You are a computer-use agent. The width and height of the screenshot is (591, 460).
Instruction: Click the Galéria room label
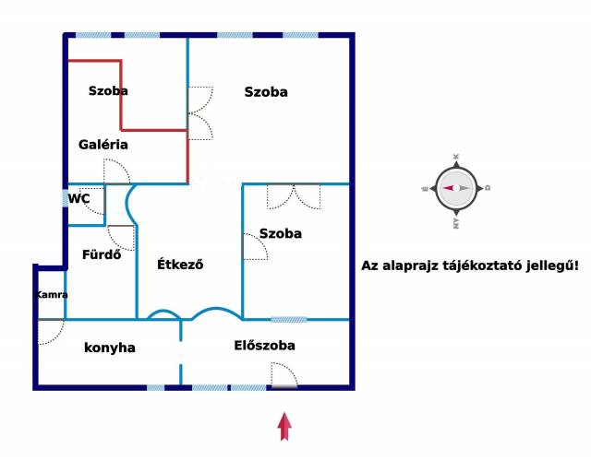click(103, 145)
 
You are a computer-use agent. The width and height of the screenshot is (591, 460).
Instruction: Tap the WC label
click(78, 198)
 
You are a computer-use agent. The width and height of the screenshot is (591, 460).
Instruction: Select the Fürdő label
click(102, 254)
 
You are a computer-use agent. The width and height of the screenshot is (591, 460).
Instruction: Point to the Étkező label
click(180, 264)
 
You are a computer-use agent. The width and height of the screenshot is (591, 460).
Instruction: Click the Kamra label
click(52, 294)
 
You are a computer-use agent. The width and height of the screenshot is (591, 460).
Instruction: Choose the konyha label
click(110, 348)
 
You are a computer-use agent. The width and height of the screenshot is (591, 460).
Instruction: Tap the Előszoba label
click(265, 346)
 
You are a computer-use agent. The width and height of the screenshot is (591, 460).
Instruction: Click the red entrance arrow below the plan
click(284, 427)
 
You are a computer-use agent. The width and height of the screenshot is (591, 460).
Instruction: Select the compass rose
click(456, 188)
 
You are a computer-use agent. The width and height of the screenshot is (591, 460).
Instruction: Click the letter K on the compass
click(456, 157)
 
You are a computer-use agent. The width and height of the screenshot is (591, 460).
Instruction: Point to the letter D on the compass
click(488, 188)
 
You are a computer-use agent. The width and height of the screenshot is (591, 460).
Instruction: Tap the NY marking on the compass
click(456, 223)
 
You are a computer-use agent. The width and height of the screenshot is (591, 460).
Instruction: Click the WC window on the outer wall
click(66, 198)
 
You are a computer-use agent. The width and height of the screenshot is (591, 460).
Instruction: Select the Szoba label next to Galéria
click(108, 90)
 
